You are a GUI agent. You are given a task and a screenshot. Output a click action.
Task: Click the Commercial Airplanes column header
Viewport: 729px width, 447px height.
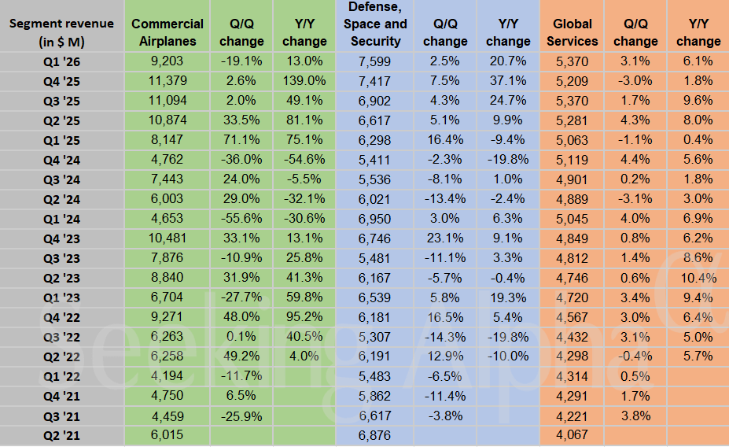click(x=168, y=32)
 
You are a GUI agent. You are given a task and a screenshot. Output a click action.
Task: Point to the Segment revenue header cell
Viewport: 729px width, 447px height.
click(x=61, y=32)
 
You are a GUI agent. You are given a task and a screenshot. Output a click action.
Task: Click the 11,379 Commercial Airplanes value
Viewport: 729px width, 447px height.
click(x=167, y=79)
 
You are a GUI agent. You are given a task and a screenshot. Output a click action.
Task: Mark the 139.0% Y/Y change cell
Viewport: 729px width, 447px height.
click(x=304, y=79)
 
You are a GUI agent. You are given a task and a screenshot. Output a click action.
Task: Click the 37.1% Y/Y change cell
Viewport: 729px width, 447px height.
click(x=507, y=79)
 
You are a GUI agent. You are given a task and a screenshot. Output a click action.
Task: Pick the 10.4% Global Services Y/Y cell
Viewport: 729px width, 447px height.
click(x=698, y=277)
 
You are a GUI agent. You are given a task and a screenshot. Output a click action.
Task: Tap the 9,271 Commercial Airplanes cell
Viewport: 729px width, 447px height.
click(x=167, y=316)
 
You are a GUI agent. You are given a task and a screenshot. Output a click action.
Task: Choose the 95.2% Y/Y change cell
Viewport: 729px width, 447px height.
click(x=304, y=316)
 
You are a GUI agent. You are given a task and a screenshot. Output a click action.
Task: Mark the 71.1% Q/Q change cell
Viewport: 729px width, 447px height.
click(x=241, y=139)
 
